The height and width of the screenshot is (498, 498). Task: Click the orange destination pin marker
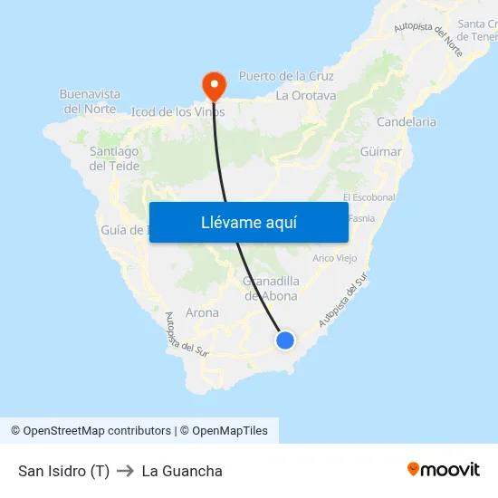click(215, 86)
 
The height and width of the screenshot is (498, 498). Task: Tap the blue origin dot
click(285, 340)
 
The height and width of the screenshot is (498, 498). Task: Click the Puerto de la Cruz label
click(286, 76)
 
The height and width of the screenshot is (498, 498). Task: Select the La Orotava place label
click(306, 95)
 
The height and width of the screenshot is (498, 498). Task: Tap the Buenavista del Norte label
click(90, 101)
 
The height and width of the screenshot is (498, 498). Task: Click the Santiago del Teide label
click(114, 158)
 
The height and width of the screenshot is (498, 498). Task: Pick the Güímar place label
click(380, 152)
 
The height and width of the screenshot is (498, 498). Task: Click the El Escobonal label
click(369, 197)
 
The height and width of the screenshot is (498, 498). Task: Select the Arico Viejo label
click(335, 258)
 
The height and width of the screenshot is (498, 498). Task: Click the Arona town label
click(202, 312)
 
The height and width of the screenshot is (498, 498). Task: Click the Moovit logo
click(443, 470)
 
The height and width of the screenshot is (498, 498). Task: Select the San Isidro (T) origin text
click(63, 471)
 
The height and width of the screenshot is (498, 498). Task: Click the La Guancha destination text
click(182, 471)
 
